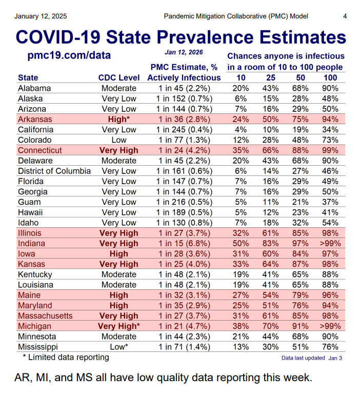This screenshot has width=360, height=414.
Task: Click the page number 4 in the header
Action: (x=345, y=16)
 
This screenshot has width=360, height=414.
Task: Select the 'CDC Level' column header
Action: (x=119, y=77)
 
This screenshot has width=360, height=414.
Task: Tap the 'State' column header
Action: (x=28, y=77)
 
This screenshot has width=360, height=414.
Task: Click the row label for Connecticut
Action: (x=39, y=150)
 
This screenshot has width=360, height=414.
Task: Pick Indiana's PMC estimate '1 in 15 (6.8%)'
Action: (x=184, y=243)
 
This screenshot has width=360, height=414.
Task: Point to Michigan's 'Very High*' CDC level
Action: (x=119, y=326)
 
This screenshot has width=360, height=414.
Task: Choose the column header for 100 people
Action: (x=330, y=77)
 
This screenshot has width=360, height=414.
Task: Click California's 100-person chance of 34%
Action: (x=330, y=129)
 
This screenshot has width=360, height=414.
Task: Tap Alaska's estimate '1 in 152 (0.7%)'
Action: (x=184, y=98)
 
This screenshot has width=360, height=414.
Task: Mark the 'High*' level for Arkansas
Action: (x=119, y=119)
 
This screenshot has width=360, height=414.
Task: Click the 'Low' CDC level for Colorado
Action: (x=119, y=140)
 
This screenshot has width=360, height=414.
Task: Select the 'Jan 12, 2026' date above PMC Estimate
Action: (x=184, y=52)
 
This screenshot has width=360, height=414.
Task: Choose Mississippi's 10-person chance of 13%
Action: (x=241, y=347)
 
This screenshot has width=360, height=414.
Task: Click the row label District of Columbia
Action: (x=54, y=171)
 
